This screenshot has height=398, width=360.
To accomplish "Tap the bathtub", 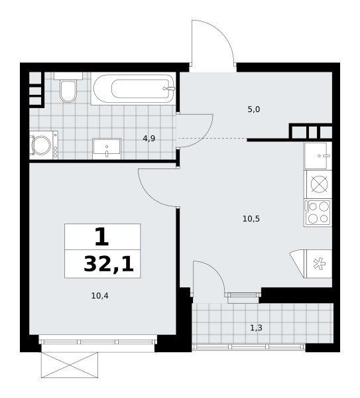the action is [x=133, y=89].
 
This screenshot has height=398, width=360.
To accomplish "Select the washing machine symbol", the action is [x=44, y=145].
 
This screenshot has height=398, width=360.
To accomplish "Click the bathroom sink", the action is [x=107, y=149].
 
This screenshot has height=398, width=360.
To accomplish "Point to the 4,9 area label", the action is [x=149, y=139].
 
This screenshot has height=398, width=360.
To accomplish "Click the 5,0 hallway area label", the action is [x=254, y=109].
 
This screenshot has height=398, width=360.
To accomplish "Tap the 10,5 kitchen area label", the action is [x=251, y=218].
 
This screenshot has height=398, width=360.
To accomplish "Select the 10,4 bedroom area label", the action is [x=100, y=296].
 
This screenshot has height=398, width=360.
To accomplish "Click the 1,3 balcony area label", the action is [x=256, y=328].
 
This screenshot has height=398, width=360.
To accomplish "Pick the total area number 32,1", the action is [x=109, y=264].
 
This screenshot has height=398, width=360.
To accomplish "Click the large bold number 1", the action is [x=102, y=237].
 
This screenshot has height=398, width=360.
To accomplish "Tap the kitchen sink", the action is [x=318, y=156].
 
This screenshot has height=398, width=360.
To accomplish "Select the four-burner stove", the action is [x=318, y=213].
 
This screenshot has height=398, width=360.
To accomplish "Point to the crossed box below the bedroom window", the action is [x=70, y=365].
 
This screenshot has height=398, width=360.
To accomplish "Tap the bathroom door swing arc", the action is [x=206, y=135].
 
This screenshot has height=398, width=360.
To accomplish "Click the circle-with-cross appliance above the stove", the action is [x=319, y=184].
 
